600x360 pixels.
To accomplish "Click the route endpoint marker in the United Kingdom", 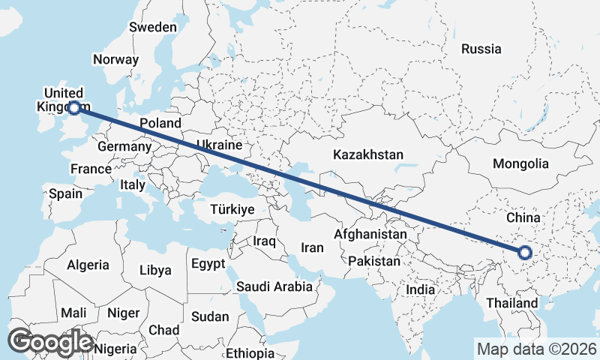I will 74,108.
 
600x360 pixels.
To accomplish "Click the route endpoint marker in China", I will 525,253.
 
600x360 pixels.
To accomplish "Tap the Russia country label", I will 481,49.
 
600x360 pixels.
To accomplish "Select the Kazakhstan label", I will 368,155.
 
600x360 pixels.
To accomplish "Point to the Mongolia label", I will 520,163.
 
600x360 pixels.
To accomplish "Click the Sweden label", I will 153,27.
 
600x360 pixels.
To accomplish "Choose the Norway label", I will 115,59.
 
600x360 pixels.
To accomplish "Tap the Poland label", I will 160,123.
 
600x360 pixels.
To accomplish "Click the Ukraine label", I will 218,145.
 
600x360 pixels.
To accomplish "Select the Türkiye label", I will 232,209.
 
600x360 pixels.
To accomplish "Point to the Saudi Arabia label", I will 274,286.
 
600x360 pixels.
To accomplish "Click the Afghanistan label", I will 370,235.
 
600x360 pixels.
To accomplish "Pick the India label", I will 420,289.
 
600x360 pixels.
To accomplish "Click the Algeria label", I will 88,265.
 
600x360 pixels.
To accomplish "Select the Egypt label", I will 208,264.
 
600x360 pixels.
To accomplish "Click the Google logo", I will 50,342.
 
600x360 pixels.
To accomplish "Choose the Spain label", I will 65,193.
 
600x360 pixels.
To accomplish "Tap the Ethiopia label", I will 250,353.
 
